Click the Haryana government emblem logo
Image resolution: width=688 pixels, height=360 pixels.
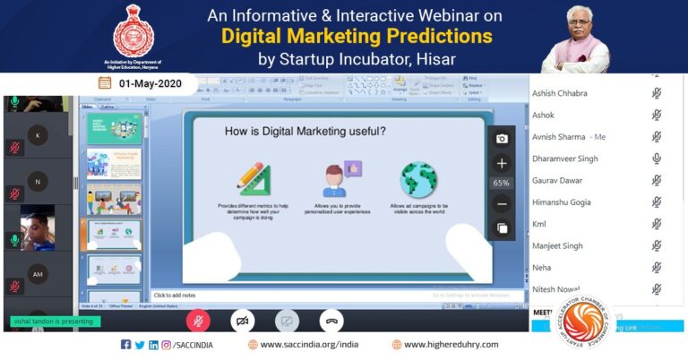click(x=133, y=30)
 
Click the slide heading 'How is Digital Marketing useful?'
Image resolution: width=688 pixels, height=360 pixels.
click(x=305, y=132)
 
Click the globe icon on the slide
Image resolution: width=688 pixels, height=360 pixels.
click(x=417, y=179)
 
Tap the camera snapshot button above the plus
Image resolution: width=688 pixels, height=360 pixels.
click(x=502, y=139)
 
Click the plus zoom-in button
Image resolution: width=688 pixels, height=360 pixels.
click(x=502, y=163)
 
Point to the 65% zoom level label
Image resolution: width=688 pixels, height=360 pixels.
click(x=502, y=184)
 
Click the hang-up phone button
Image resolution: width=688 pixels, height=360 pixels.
click(x=331, y=320)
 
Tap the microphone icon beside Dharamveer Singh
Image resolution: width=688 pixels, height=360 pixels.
click(x=657, y=159)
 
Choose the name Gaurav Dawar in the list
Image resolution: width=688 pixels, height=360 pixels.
click(x=558, y=180)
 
